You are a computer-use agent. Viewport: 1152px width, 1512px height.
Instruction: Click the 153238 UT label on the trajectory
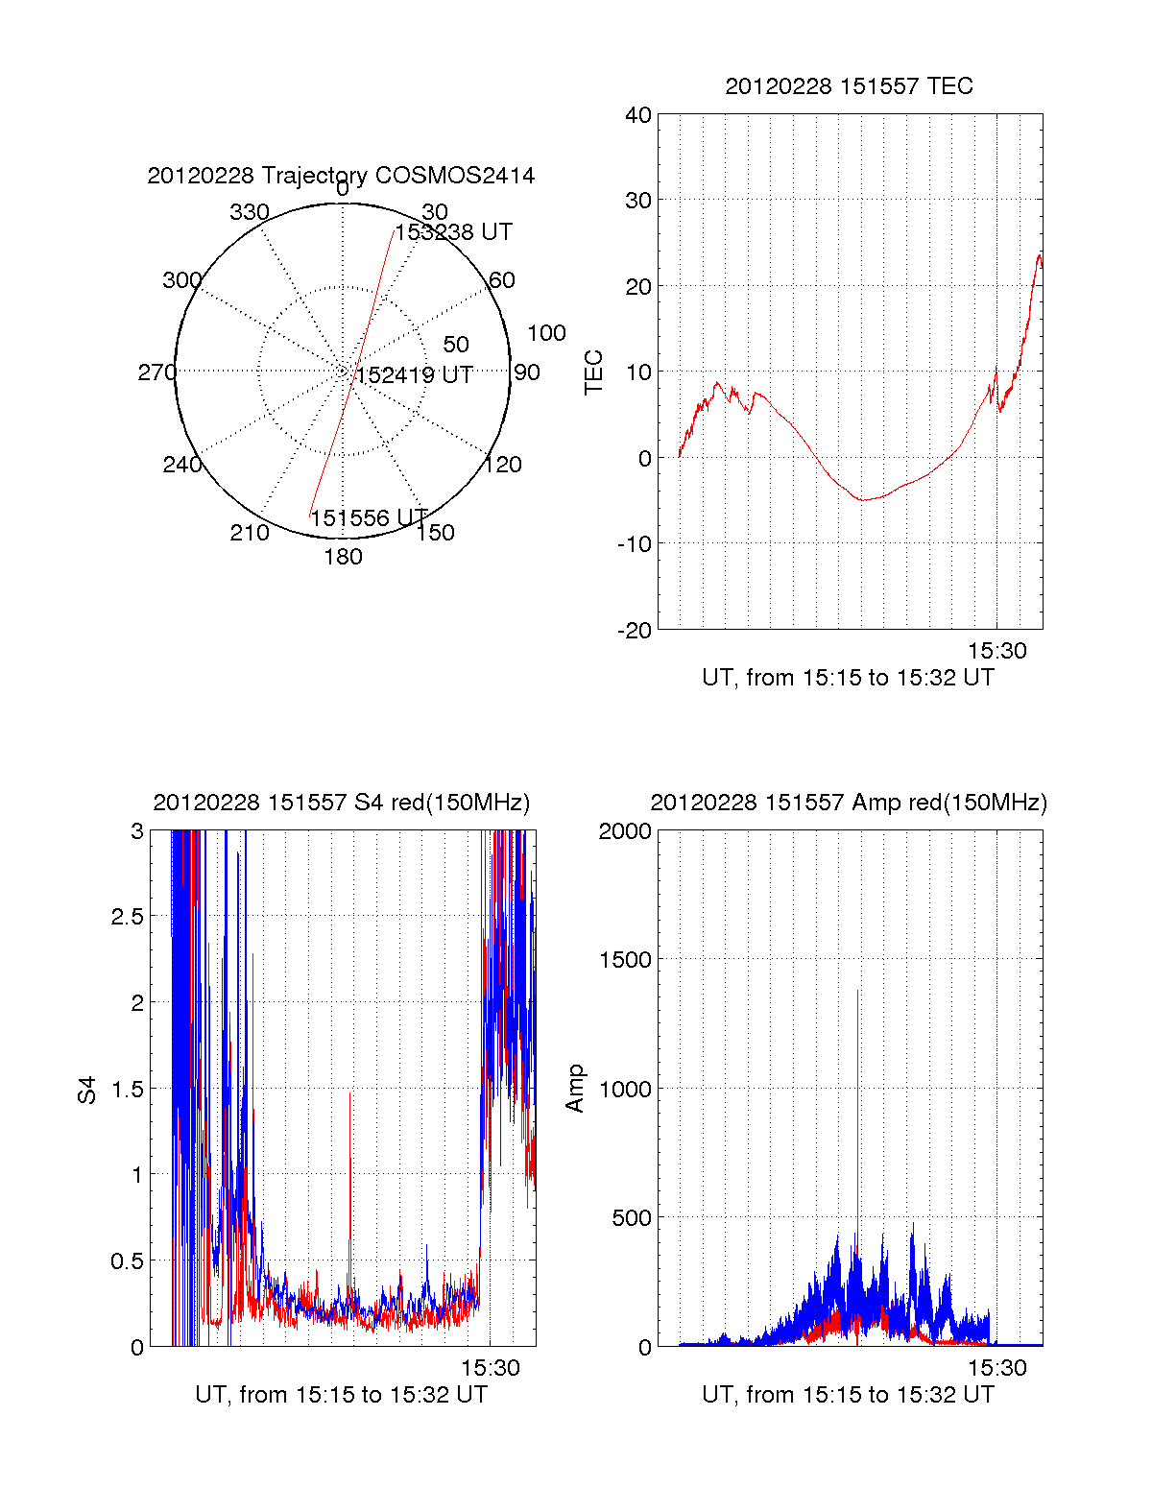453,232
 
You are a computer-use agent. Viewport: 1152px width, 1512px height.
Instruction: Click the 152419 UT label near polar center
414,375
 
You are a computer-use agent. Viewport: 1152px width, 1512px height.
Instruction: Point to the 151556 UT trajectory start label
369,518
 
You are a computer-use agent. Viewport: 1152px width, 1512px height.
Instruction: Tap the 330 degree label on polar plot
249,212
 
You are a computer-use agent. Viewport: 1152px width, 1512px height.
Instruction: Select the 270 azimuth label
156,372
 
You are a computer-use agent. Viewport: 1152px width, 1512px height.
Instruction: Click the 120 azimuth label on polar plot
503,465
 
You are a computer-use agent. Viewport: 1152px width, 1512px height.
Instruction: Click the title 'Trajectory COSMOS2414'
341,176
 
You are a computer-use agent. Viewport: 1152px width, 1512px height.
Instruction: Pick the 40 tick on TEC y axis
638,115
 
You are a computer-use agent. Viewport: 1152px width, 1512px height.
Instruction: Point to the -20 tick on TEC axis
636,630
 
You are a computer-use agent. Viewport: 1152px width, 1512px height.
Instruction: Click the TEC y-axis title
594,372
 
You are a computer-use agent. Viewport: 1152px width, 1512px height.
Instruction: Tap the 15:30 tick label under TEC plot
996,651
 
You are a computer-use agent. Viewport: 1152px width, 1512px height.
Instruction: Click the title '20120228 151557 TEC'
849,86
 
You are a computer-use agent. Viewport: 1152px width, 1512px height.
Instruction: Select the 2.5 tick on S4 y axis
127,917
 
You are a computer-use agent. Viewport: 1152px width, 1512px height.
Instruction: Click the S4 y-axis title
87,1090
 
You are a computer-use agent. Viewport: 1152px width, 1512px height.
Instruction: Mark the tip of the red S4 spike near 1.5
350,1092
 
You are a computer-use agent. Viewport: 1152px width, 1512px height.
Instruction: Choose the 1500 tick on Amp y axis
625,960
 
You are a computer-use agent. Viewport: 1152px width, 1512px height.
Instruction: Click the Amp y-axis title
575,1089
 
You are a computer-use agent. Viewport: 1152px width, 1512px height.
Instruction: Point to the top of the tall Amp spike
857,991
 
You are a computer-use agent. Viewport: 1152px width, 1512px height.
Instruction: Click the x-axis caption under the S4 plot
341,1395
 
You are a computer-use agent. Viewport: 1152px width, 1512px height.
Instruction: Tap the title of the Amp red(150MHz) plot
849,803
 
